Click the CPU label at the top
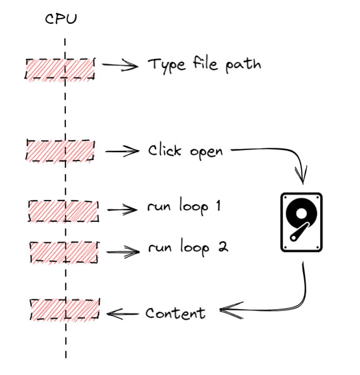click(x=61, y=20)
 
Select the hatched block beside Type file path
click(x=60, y=69)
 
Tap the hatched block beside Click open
click(x=60, y=151)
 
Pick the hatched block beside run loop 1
click(x=63, y=210)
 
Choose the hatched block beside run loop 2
click(x=63, y=252)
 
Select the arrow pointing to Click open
click(x=122, y=152)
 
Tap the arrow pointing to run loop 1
click(x=123, y=210)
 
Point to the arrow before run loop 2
click(x=123, y=252)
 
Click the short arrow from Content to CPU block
click(x=123, y=313)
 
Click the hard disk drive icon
click(x=301, y=222)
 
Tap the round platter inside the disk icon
click(x=301, y=213)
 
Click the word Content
click(x=175, y=313)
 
